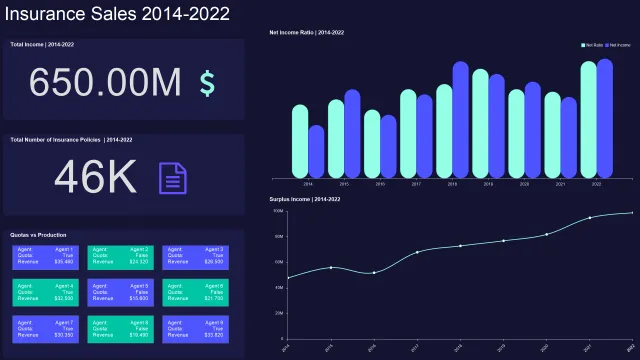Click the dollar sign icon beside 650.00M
[x=207, y=83]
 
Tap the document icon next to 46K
[x=173, y=178]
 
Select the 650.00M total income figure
[x=108, y=83]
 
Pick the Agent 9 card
[x=196, y=329]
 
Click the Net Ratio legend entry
[x=593, y=45]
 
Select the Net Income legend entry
[x=619, y=45]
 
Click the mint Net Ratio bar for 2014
[x=300, y=141]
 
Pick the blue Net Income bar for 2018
[x=461, y=120]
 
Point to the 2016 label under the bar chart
[x=380, y=184]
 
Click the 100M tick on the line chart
[x=279, y=212]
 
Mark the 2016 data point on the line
[x=374, y=272]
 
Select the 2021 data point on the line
[x=590, y=218]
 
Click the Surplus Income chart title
[x=305, y=200]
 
